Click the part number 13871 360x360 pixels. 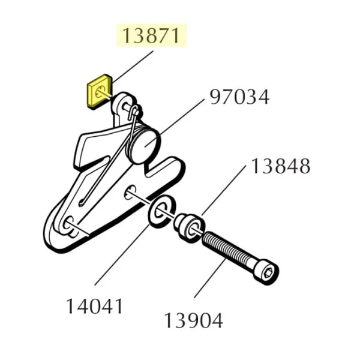click(151, 35)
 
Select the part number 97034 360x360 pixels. click(239, 97)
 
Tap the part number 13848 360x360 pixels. click(281, 166)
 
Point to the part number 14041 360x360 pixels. click(94, 306)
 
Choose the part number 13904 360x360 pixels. click(194, 320)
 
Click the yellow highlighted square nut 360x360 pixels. click(99, 91)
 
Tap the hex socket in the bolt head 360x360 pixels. click(268, 273)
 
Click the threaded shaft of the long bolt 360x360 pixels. click(229, 250)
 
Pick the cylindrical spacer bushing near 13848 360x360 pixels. click(190, 227)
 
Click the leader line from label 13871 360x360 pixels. click(133, 67)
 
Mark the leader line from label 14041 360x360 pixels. click(122, 255)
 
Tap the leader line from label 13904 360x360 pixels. click(209, 278)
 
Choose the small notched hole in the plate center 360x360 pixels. click(130, 192)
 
